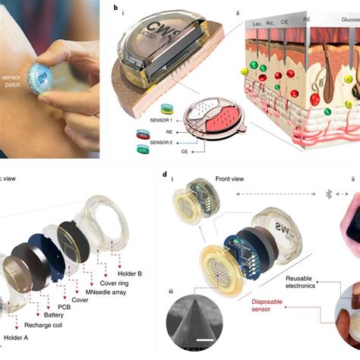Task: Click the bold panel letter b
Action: tap(115, 9)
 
